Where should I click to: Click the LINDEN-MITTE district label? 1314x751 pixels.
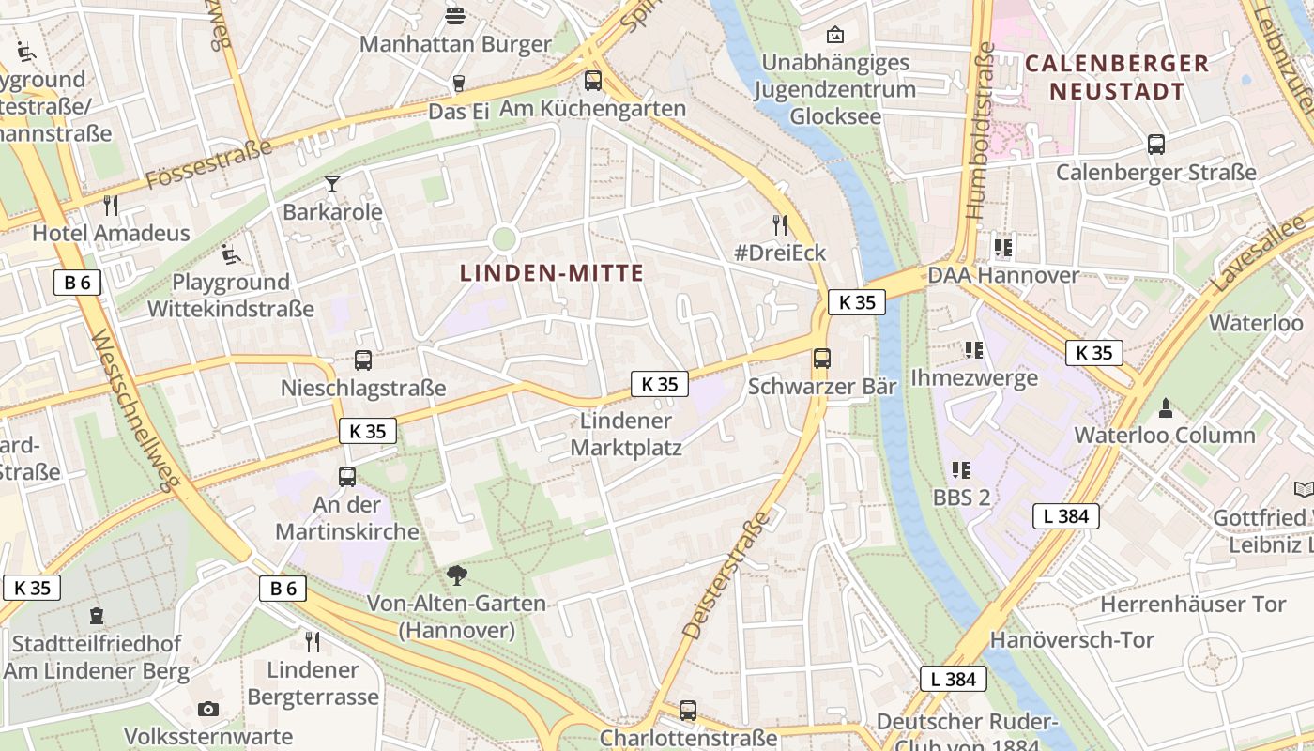point(552,273)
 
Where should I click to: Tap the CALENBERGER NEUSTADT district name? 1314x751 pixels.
point(1117,77)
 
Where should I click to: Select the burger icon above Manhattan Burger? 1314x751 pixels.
point(455,15)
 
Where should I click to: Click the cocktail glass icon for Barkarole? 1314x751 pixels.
point(331,183)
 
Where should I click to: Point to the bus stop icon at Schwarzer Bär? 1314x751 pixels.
point(821,358)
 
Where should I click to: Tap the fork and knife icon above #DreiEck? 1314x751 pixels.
point(779,224)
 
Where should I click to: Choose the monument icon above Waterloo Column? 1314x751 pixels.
point(1165,407)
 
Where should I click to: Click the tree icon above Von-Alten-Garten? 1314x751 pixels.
point(457,575)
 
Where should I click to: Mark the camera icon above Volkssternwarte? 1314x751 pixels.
point(208,709)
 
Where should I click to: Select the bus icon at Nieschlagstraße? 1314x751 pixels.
point(362,360)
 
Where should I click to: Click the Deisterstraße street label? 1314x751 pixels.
point(726,575)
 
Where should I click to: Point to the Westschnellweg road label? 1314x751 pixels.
point(135,409)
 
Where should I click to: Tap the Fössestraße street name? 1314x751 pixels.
point(208,162)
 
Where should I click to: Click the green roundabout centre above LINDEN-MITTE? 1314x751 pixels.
point(504,238)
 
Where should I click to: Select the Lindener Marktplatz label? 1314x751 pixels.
point(626,434)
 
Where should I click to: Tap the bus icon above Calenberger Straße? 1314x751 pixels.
point(1156,145)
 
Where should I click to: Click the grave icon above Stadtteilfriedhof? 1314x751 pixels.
point(96,617)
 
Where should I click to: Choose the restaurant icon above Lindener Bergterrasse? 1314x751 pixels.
point(313,642)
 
